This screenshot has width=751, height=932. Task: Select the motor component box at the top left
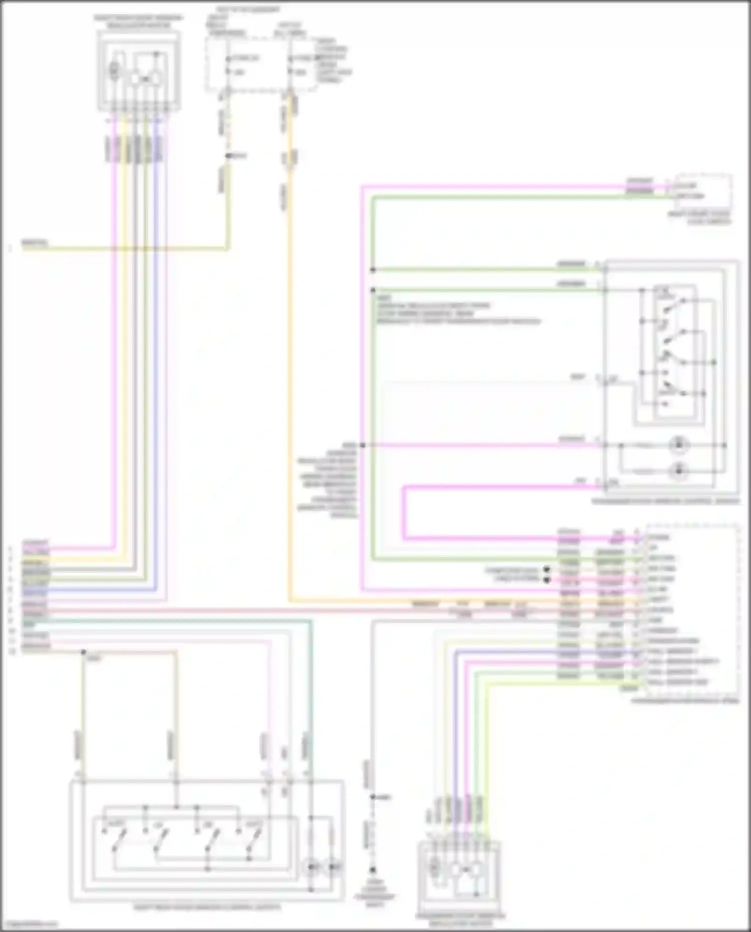[x=139, y=71]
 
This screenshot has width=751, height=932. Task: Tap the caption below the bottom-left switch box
[x=207, y=907]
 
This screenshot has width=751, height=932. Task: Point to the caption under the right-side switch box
[x=665, y=501]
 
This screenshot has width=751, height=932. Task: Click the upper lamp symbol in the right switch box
[x=678, y=445]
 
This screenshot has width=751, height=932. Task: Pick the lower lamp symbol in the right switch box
[x=678, y=470]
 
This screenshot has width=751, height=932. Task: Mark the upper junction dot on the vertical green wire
[x=373, y=270]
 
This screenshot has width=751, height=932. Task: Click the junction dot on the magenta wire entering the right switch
[x=362, y=445]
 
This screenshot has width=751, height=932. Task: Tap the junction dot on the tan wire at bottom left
[x=84, y=652]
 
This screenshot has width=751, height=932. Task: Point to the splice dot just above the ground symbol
[x=372, y=797]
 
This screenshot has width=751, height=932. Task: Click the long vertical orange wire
[x=289, y=351]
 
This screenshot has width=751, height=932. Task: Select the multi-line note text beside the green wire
[x=458, y=310]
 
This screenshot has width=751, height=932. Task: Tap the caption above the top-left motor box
[x=139, y=21]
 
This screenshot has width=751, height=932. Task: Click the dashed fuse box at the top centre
[x=260, y=64]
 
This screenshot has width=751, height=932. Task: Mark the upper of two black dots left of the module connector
[x=547, y=570]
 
